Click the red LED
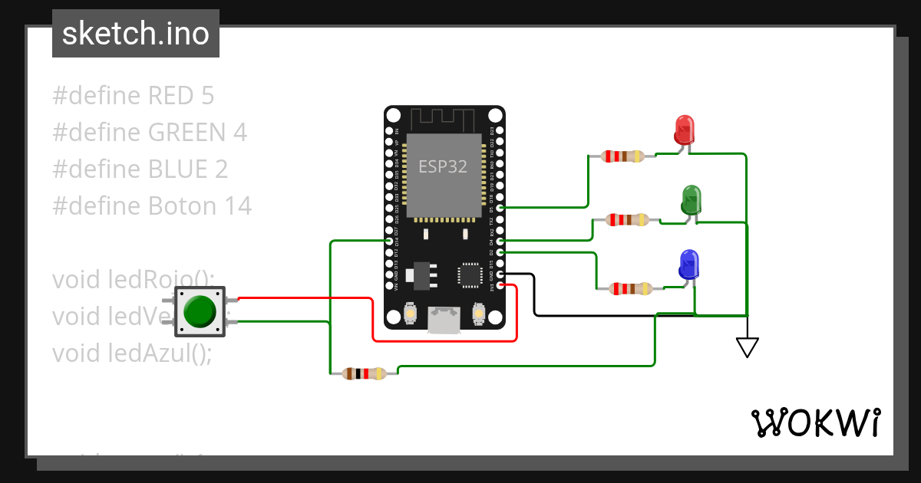click(684, 130)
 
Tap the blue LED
click(688, 264)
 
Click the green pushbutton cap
click(200, 311)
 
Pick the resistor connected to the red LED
click(622, 156)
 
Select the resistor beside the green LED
click(627, 220)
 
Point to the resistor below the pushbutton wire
click(364, 374)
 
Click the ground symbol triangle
click(747, 347)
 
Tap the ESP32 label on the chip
click(443, 166)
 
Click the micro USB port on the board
click(443, 320)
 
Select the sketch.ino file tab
click(136, 34)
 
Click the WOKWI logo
click(815, 422)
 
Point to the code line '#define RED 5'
click(134, 96)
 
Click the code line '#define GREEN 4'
click(150, 133)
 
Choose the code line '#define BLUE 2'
click(140, 169)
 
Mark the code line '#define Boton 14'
click(152, 205)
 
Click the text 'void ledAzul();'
click(131, 353)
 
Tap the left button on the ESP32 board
click(409, 314)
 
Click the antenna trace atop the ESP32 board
click(444, 120)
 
